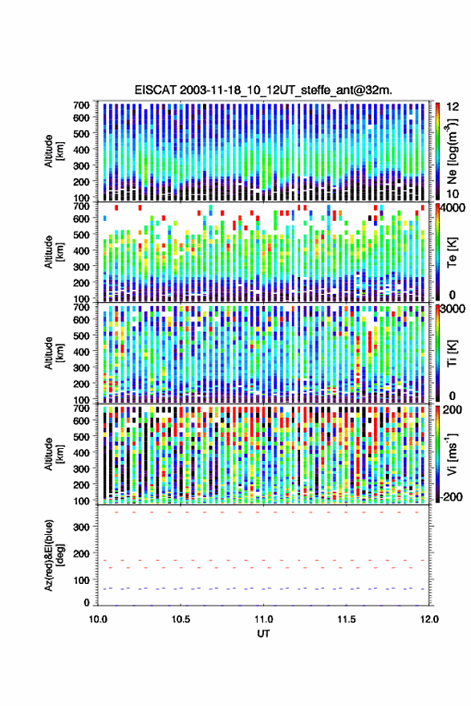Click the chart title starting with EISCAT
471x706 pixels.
263,90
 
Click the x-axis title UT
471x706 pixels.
263,634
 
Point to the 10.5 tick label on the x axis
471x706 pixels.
181,619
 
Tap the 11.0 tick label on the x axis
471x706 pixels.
263,619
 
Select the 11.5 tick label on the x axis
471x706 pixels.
346,619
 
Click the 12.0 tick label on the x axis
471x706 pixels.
429,619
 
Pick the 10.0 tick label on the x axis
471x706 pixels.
98,619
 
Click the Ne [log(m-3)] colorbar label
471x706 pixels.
452,151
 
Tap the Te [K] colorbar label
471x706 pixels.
453,253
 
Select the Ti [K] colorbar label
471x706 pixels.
453,354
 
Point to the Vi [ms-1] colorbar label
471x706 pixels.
452,455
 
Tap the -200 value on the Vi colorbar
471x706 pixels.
452,497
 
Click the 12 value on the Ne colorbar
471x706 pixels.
453,107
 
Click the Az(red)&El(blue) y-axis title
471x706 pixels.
54,555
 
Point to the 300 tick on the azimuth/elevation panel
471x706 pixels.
81,527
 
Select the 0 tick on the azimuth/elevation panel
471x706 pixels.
87,602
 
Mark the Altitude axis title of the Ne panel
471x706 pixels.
54,151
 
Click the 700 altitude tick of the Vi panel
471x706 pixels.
81,409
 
